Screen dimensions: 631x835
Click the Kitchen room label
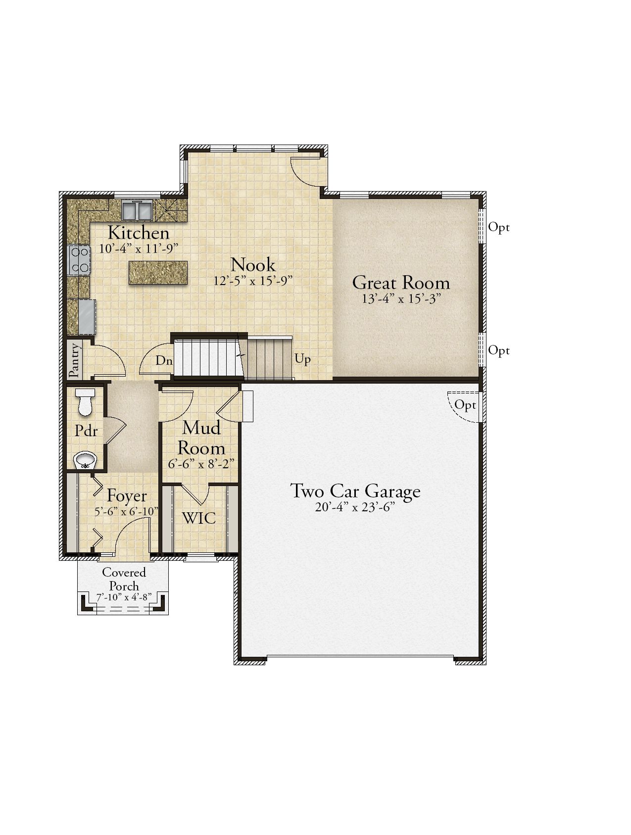(x=139, y=233)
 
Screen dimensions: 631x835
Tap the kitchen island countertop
(x=158, y=272)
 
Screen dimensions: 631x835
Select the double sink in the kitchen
(x=136, y=210)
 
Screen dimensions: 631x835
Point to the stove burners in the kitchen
(x=79, y=260)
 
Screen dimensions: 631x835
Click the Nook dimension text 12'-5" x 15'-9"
(x=254, y=281)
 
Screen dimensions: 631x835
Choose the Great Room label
(x=401, y=283)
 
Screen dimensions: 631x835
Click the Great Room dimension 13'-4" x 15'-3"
(x=401, y=298)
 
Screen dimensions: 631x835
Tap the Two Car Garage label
(x=355, y=491)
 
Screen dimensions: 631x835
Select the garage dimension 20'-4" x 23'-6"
(x=355, y=507)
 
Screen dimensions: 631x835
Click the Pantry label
(x=74, y=360)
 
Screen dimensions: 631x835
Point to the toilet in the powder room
(x=86, y=402)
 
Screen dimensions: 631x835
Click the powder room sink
(x=86, y=461)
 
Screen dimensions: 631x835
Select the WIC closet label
(x=199, y=518)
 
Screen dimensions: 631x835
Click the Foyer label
(x=127, y=495)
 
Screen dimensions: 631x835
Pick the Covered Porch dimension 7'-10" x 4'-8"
(x=124, y=597)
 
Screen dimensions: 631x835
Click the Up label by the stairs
(x=303, y=359)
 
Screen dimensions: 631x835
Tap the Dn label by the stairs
(x=164, y=360)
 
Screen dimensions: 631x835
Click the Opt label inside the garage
(x=465, y=405)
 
